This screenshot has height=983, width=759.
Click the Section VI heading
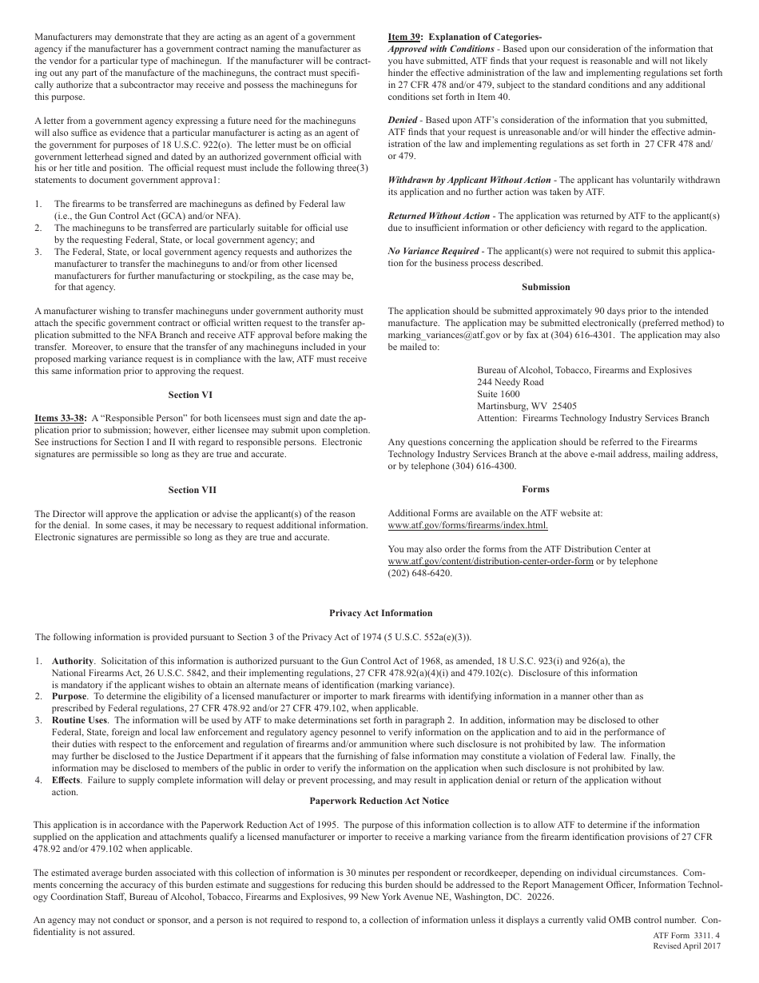(x=190, y=395)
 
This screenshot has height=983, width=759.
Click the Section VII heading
(x=192, y=490)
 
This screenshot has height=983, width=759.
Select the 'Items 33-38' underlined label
(x=60, y=418)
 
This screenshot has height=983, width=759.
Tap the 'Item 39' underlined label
(x=403, y=37)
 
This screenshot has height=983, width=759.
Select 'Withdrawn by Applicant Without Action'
(x=470, y=180)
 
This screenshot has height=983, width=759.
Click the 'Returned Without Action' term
(x=439, y=216)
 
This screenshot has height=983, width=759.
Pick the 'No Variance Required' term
(x=432, y=251)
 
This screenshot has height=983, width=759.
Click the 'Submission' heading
(x=546, y=287)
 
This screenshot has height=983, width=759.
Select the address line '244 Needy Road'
(x=510, y=382)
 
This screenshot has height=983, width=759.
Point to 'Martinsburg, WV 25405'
(x=527, y=406)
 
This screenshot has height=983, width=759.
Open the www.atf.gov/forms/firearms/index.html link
(x=468, y=525)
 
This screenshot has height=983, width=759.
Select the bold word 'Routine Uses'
(x=79, y=720)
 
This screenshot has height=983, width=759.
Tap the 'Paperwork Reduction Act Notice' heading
(x=379, y=801)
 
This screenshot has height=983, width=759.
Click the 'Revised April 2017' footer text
(x=686, y=946)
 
